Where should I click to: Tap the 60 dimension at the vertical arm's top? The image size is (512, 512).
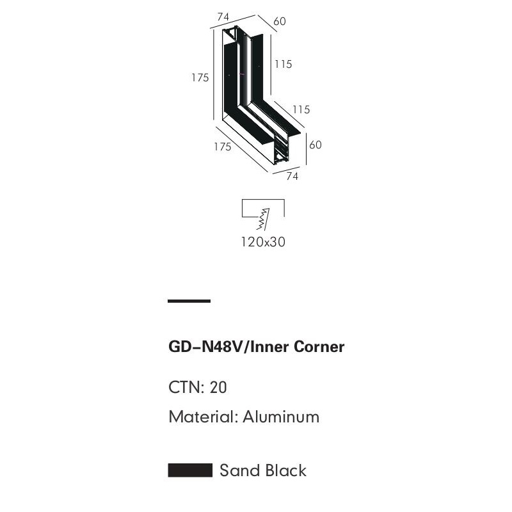click(280, 21)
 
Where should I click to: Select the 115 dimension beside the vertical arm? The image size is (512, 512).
click(283, 64)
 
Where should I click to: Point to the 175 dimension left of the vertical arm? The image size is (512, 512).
click(200, 78)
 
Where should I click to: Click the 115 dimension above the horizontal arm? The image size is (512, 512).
click(301, 109)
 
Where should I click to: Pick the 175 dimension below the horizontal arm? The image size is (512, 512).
click(222, 147)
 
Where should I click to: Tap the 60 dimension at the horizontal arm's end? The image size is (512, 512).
click(316, 145)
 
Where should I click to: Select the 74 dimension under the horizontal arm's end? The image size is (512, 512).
click(292, 177)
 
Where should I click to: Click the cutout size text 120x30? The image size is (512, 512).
click(262, 242)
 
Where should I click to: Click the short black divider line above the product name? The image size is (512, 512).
click(189, 301)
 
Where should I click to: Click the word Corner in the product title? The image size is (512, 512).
click(319, 347)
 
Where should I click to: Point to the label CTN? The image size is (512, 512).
click(186, 387)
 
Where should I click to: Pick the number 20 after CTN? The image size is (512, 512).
click(218, 387)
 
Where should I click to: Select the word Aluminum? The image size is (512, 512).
click(281, 417)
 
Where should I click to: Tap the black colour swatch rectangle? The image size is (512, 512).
click(190, 470)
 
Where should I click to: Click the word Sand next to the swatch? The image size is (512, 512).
click(237, 470)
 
